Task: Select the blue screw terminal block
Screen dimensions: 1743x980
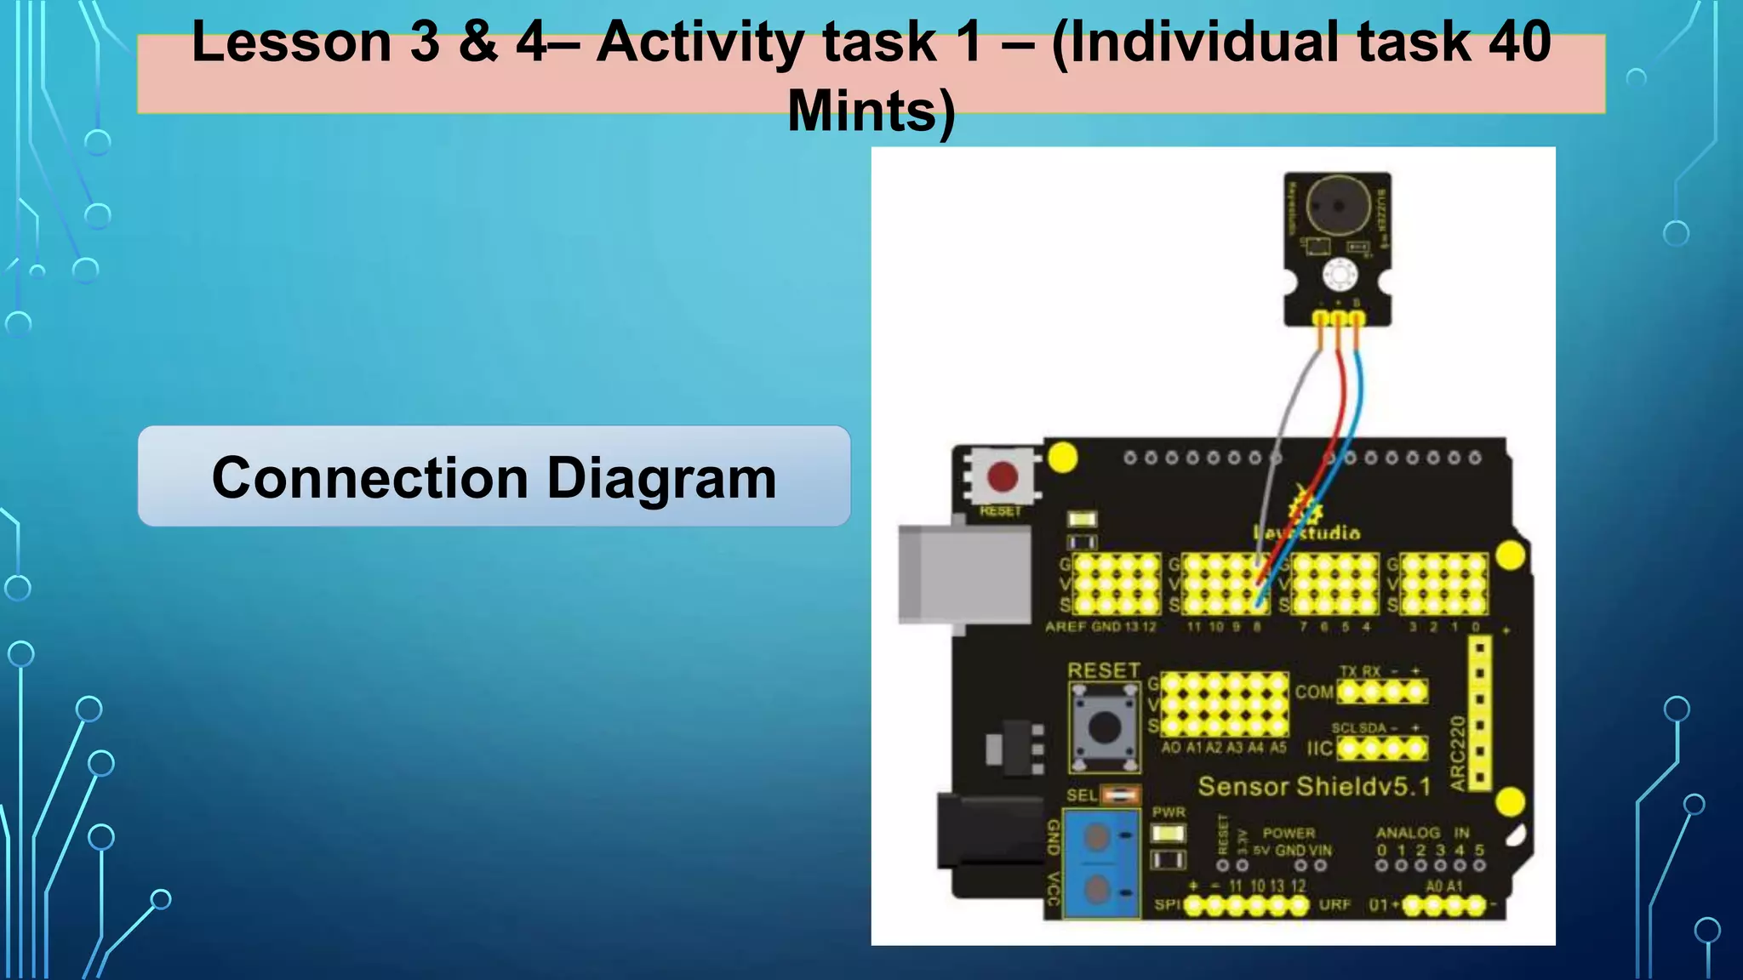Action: [x=1102, y=863]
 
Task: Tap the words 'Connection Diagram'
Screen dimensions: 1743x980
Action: [x=494, y=477]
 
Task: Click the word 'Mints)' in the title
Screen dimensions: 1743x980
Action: [x=871, y=111]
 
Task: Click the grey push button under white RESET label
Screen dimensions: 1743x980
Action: [x=1105, y=727]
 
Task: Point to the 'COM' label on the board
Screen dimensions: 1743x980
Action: [x=1314, y=692]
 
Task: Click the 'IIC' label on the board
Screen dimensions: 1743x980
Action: [x=1319, y=749]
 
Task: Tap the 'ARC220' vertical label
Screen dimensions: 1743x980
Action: [x=1458, y=753]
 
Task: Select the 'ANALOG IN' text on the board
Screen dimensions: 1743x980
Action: [x=1422, y=833]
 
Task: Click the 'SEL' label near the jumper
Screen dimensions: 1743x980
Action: [x=1082, y=795]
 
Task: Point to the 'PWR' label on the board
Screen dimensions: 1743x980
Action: [x=1169, y=812]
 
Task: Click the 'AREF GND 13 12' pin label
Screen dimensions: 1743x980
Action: [x=1100, y=627]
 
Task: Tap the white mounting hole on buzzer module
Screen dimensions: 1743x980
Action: [x=1340, y=274]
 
